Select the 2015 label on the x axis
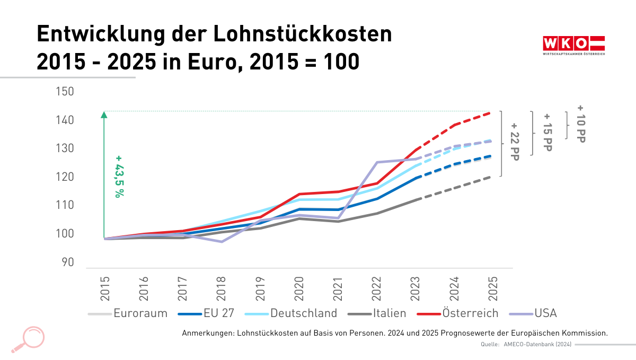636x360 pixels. [x=104, y=288]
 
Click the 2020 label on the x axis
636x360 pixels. [x=299, y=288]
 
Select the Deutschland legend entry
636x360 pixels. [x=304, y=313]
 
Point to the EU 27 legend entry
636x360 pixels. [x=219, y=313]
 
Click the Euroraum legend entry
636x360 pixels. [x=140, y=313]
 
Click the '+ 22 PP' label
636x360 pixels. [x=514, y=142]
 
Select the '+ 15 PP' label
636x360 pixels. [x=547, y=132]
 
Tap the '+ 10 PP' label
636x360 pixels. [x=581, y=124]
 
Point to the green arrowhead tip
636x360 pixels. [x=104, y=112]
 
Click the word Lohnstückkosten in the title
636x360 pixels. [x=303, y=34]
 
